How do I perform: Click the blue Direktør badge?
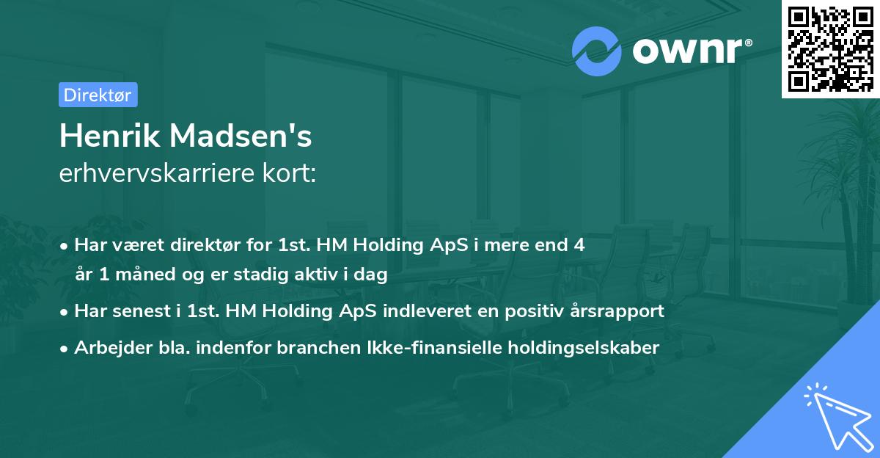98,95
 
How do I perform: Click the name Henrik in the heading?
108,137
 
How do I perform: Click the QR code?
830,48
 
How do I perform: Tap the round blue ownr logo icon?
597,51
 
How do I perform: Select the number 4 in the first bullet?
579,244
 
